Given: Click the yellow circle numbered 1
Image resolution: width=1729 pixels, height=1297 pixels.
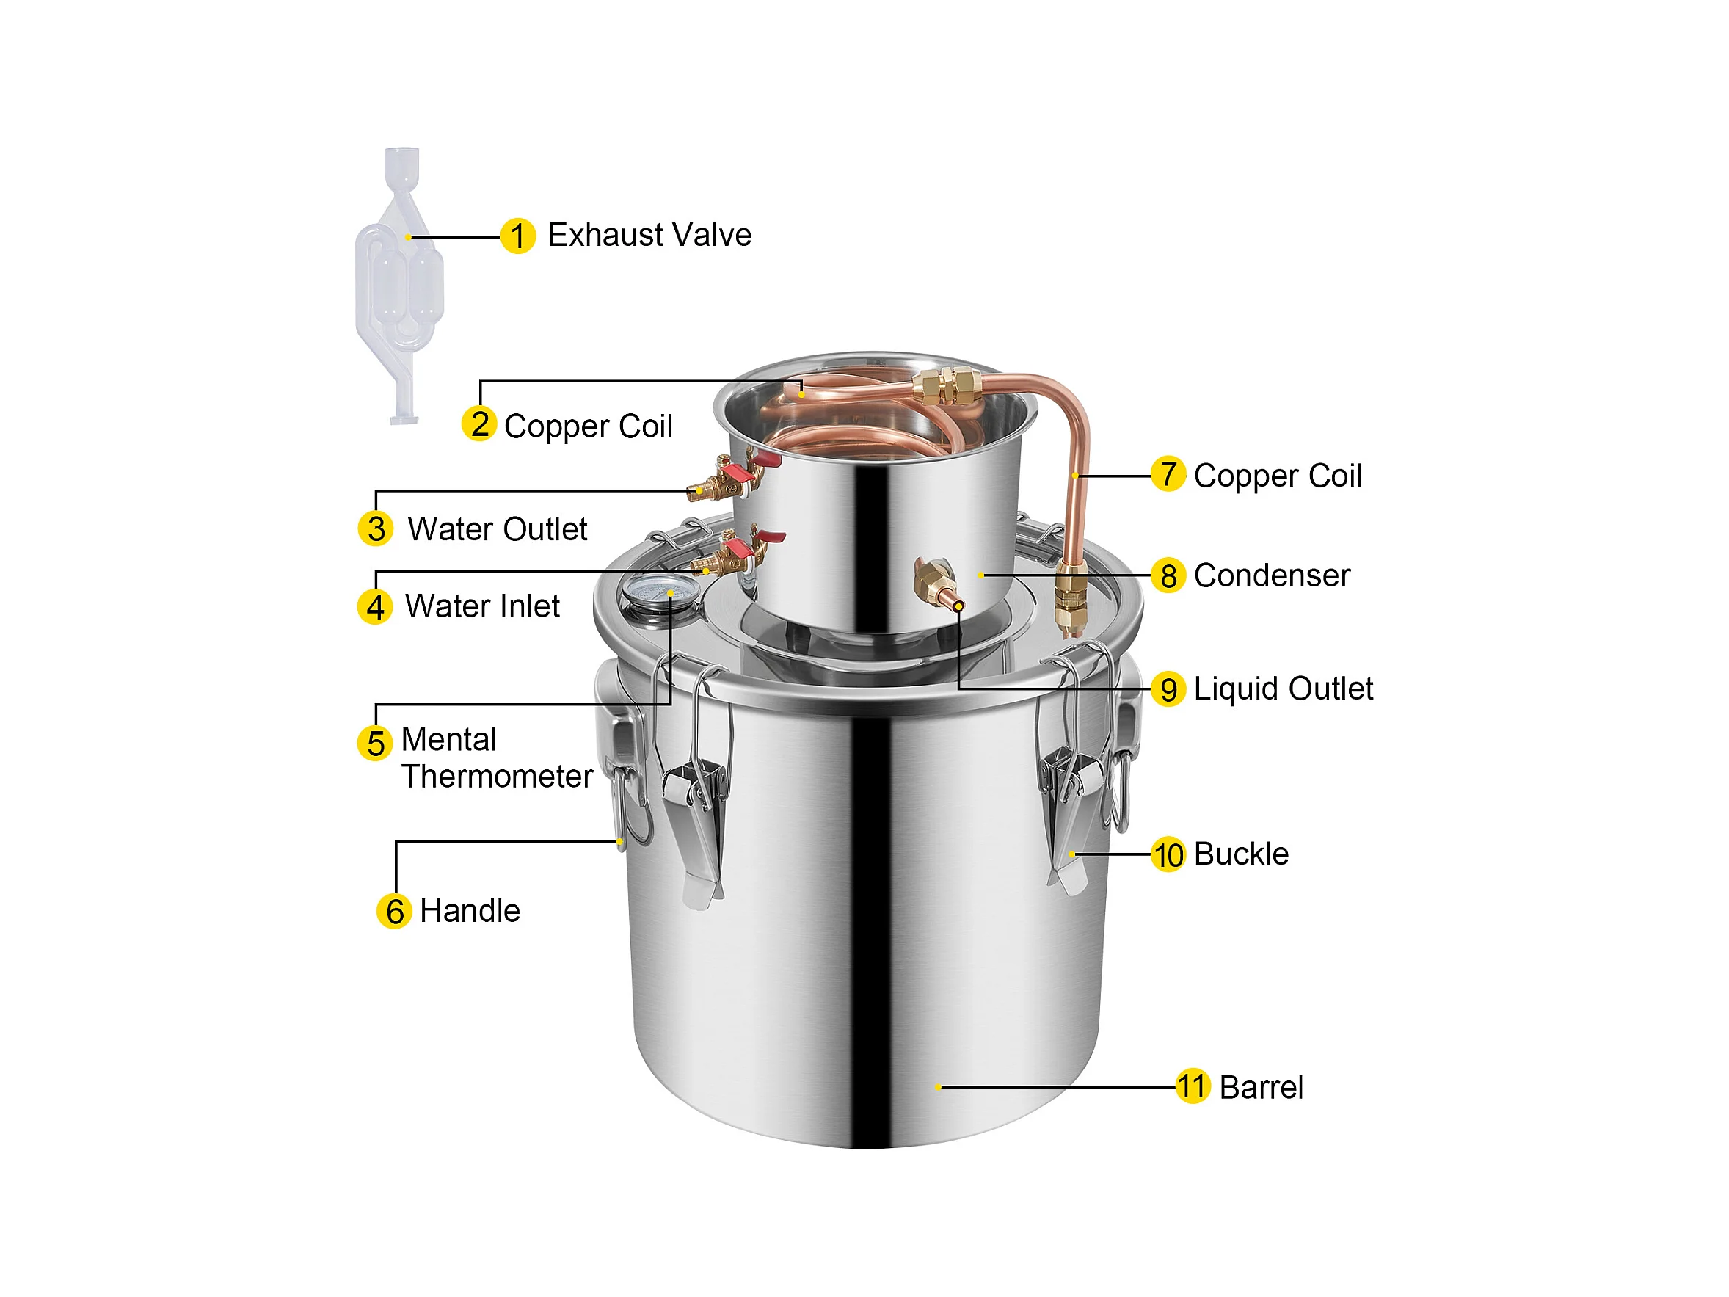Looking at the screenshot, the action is (x=517, y=236).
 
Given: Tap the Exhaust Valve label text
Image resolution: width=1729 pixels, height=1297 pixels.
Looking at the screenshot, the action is (x=649, y=235).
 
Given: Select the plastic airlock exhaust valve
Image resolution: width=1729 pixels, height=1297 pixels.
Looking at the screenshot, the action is (x=399, y=286).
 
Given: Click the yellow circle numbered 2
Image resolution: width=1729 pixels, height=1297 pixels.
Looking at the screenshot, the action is (x=479, y=424).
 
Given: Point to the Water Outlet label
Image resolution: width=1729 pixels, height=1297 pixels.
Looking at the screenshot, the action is (x=497, y=529).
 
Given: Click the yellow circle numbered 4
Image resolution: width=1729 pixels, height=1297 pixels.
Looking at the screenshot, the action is (x=375, y=608).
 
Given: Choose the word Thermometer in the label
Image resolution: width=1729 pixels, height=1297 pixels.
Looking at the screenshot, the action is (x=497, y=777).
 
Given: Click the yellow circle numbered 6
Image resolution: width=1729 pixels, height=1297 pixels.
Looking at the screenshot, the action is (x=395, y=912).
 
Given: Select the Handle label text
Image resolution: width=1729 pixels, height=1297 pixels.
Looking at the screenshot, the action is (x=470, y=911).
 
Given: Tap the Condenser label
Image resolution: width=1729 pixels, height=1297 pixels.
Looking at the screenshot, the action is (x=1272, y=575).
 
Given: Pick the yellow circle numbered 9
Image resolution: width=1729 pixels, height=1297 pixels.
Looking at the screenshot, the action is (x=1168, y=689).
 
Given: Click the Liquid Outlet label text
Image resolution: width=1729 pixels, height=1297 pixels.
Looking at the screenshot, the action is (x=1284, y=689).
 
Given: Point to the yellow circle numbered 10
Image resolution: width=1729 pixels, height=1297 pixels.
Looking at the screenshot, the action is (x=1168, y=854).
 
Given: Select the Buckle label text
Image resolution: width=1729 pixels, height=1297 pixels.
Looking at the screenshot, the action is (x=1241, y=854).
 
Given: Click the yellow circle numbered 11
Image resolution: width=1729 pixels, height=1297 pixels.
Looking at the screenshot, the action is (x=1193, y=1086).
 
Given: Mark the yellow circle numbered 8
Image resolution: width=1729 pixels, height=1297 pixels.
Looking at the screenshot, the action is (x=1168, y=576).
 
